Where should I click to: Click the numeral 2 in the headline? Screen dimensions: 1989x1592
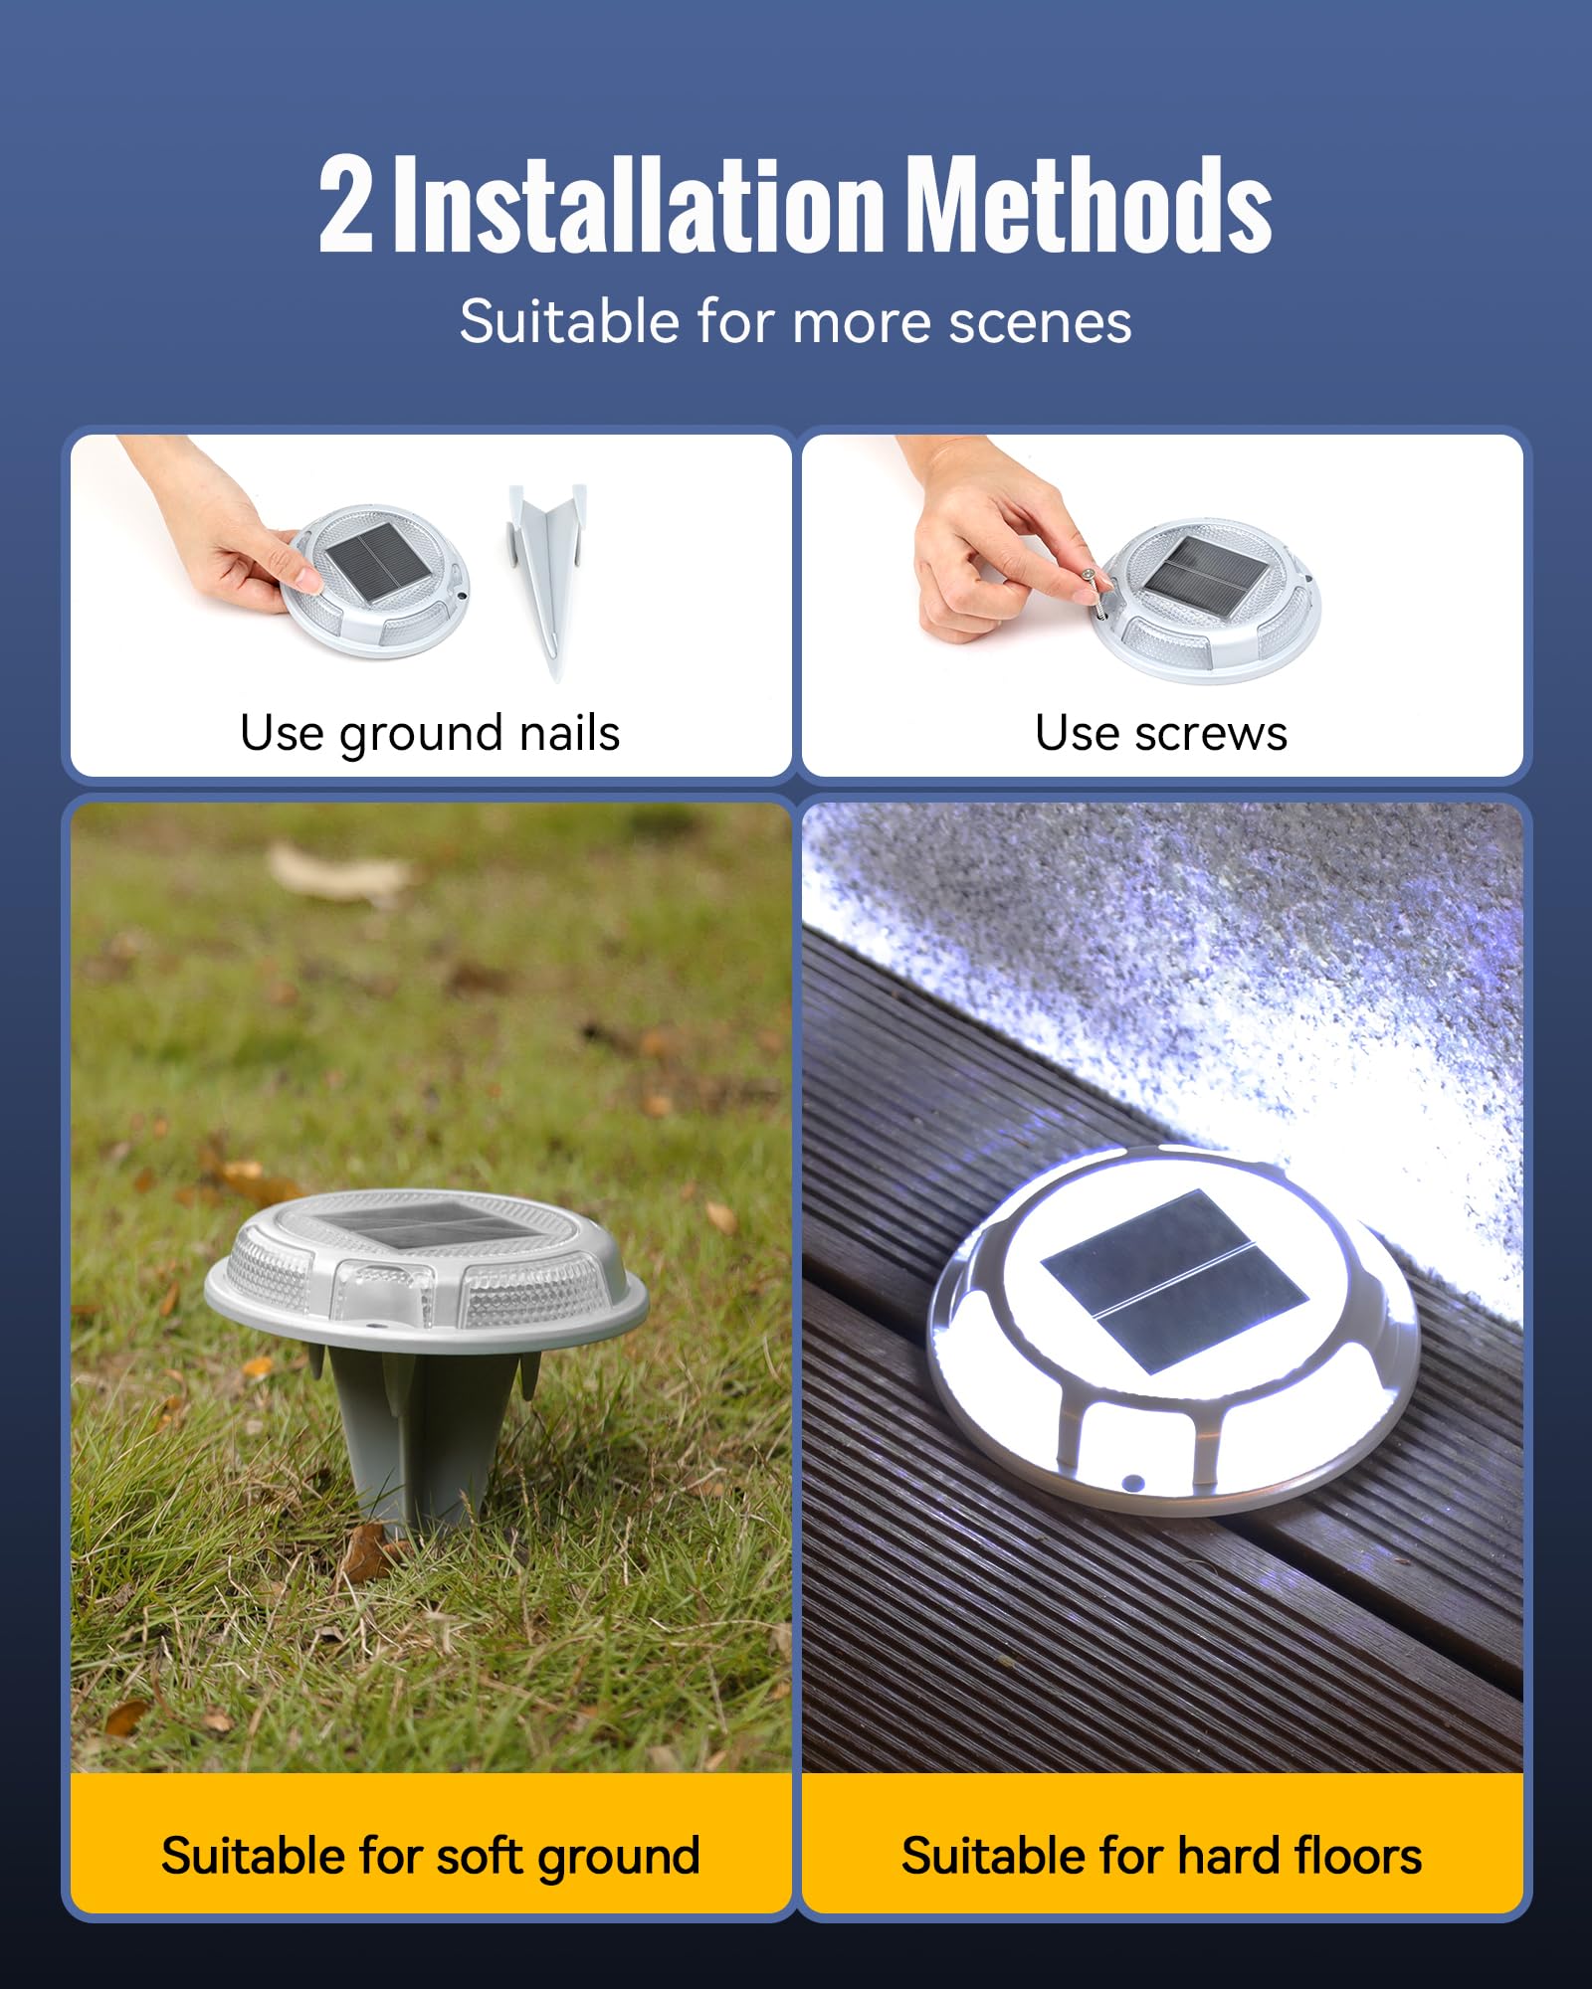(x=346, y=205)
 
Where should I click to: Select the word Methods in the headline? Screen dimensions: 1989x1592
(x=1091, y=205)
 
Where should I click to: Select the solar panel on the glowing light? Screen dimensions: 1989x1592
(x=1174, y=1281)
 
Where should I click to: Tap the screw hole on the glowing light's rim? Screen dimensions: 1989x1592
(x=1131, y=1483)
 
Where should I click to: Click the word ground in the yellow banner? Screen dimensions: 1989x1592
(x=619, y=1858)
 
